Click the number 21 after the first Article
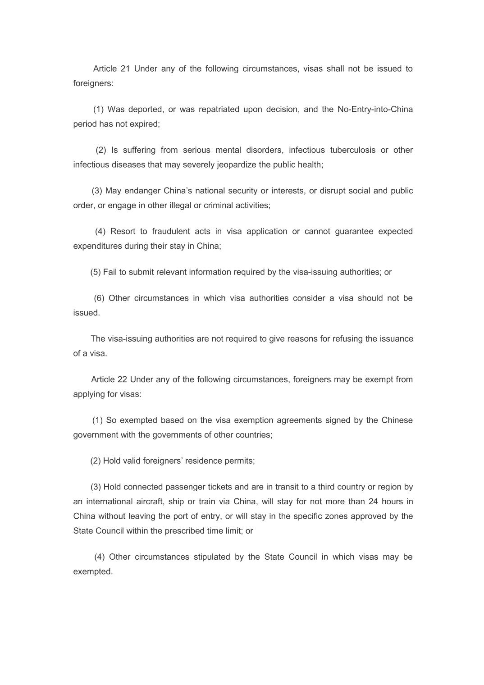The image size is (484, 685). coord(125,69)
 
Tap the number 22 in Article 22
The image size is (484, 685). coord(122,379)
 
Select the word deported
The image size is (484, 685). coord(146,110)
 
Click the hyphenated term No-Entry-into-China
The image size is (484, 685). coord(375,110)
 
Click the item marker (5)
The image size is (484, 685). coord(96,272)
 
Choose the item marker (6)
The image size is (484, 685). coord(99,298)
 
